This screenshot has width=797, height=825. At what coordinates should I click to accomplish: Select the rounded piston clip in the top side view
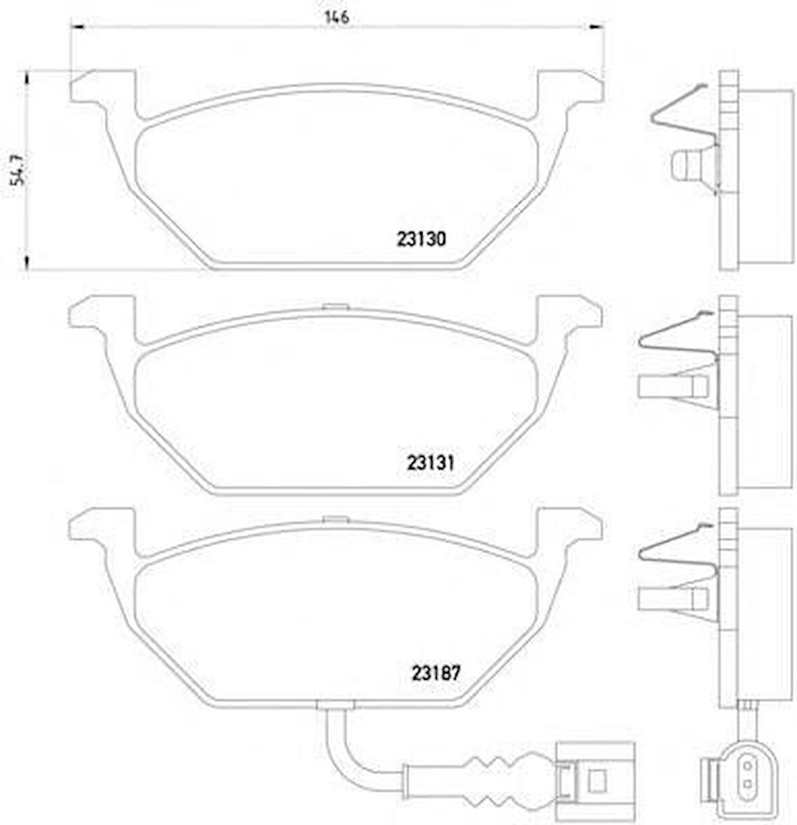coord(689,166)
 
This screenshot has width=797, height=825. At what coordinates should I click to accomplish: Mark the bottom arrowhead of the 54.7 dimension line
coord(27,263)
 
